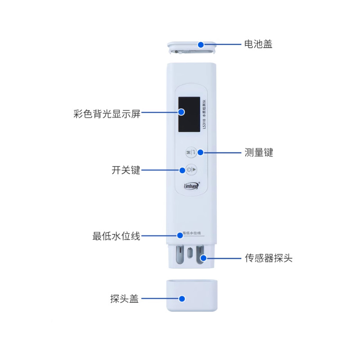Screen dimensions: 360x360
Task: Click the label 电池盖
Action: [258, 44]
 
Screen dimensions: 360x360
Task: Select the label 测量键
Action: [259, 153]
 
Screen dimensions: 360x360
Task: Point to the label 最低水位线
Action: [116, 236]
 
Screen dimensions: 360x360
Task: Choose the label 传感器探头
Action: [268, 258]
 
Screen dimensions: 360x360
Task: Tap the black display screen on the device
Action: [189, 115]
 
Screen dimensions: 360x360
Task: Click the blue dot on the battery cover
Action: [201, 45]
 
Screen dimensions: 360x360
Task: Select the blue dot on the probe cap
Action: [182, 298]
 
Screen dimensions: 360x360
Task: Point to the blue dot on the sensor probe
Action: [203, 258]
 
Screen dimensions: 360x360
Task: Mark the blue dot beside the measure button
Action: [201, 153]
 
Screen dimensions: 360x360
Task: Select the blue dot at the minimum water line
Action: [180, 235]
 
